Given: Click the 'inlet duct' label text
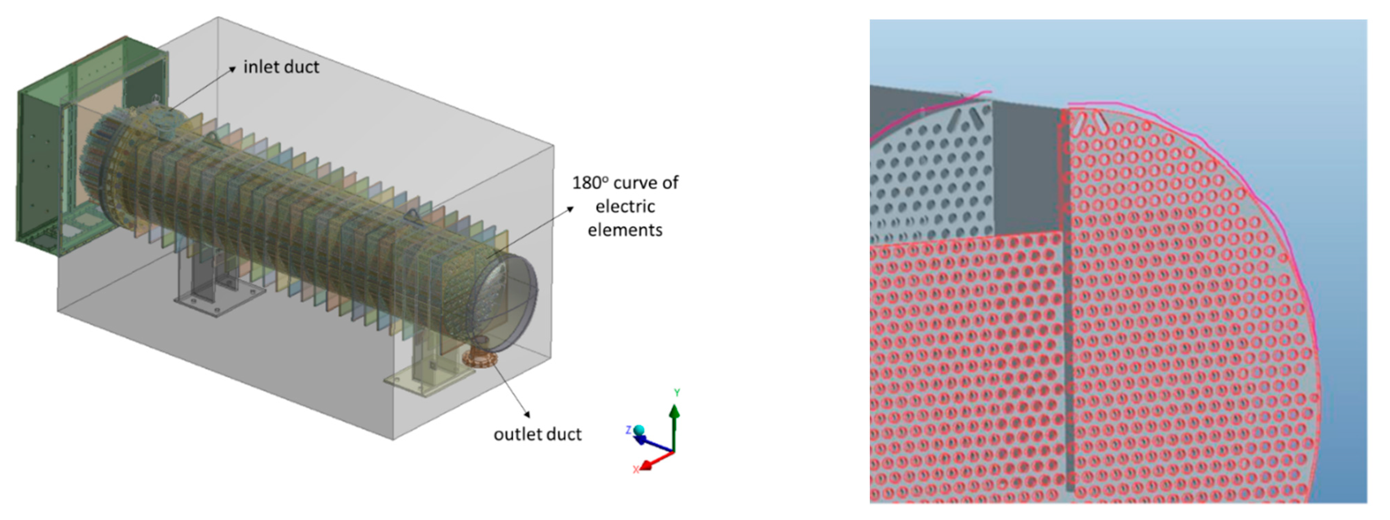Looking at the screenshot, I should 281,67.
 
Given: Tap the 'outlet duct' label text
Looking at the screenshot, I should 538,434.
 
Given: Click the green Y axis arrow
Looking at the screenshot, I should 674,426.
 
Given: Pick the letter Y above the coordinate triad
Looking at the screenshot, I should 677,393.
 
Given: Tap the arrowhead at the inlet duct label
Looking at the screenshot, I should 232,68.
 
